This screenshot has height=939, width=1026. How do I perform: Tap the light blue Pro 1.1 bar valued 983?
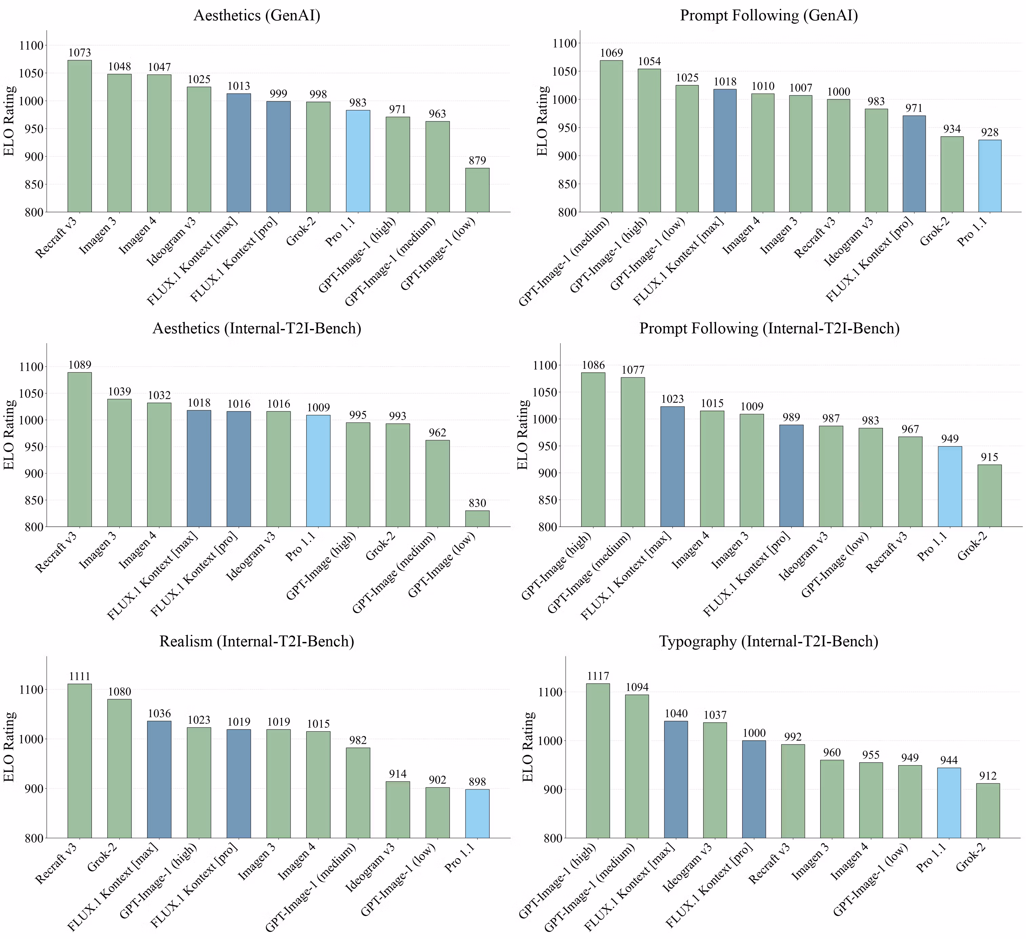point(358,161)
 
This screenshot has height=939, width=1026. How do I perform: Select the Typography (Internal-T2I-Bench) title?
point(768,641)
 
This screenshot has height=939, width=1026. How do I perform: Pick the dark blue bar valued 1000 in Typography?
point(754,789)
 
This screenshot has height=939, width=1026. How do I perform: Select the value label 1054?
point(649,62)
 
